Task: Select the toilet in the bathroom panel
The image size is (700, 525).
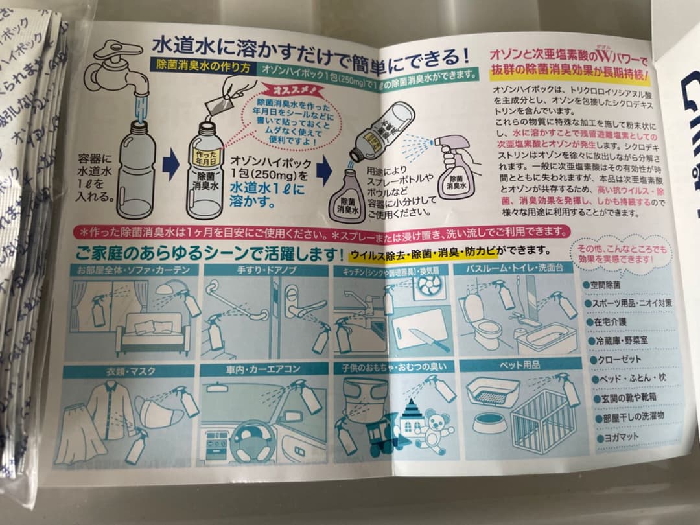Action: tap(482, 321)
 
